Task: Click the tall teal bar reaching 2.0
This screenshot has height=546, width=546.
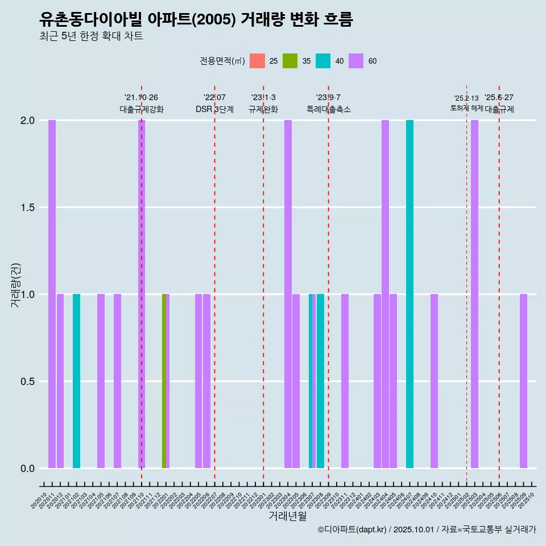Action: tap(409, 294)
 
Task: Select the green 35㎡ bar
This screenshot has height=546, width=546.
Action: tap(164, 381)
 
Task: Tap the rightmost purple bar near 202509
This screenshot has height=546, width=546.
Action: tap(523, 381)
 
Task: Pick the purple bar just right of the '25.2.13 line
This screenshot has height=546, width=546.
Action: tap(474, 294)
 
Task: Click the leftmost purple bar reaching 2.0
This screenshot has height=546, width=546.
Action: tap(52, 294)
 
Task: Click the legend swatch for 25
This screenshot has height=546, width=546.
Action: tap(257, 61)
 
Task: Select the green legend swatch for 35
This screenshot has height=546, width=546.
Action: tap(290, 61)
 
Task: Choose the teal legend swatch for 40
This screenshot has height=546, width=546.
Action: tap(323, 61)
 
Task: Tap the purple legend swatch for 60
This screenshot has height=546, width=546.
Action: tap(356, 61)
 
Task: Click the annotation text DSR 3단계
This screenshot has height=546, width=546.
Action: tap(214, 109)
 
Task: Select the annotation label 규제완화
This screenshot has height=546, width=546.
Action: tap(263, 109)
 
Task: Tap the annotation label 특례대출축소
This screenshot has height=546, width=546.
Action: tap(329, 109)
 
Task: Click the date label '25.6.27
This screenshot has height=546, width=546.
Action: tap(499, 98)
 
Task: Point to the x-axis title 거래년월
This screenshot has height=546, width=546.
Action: tap(287, 516)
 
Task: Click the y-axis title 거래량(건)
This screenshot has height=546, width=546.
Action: tap(16, 285)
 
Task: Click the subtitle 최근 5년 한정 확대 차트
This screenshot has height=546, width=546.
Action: tap(91, 36)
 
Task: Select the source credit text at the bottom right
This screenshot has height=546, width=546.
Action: tap(427, 530)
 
